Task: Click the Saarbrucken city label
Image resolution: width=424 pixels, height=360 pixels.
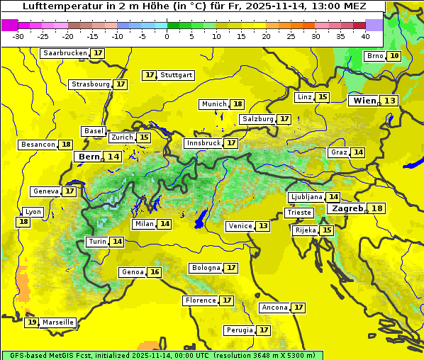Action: coord(65,53)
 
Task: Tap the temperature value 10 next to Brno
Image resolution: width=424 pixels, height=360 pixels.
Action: coord(394,56)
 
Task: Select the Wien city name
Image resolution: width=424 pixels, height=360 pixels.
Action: coord(365,101)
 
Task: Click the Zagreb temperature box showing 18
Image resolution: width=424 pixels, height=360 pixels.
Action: coord(377,208)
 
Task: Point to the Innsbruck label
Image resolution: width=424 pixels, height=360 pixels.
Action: coord(203,143)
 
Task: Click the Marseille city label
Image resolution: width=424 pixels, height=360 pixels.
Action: coord(57,322)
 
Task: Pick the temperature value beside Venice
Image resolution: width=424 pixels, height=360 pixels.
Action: coord(263,226)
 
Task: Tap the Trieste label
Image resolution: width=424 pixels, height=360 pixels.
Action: coord(299,213)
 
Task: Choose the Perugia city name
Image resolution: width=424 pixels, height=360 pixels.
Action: coord(239,330)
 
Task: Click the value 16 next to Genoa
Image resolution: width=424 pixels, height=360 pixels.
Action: coord(155,272)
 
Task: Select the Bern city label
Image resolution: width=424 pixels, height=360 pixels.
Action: coord(89,157)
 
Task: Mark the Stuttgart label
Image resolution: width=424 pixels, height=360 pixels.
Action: coord(177,75)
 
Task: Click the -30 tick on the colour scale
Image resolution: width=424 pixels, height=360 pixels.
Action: coord(18,36)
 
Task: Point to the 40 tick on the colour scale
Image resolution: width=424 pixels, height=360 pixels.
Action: coord(365,36)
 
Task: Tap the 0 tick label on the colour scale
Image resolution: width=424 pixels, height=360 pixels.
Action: coord(167,36)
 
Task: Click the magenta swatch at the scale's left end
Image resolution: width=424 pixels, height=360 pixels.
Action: coord(9,25)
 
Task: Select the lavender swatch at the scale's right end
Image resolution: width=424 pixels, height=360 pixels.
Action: coord(374,25)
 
